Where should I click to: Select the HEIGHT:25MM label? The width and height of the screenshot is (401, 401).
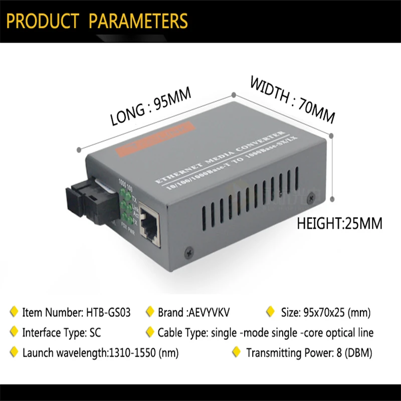click(340, 222)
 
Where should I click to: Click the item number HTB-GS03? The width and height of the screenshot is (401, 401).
click(108, 313)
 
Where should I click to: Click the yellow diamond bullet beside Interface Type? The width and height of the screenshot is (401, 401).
click(14, 332)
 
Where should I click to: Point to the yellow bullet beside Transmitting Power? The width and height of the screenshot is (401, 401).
click(237, 352)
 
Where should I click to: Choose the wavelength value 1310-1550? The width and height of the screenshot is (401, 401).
click(132, 352)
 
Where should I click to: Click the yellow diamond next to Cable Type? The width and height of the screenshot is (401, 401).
click(149, 332)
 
